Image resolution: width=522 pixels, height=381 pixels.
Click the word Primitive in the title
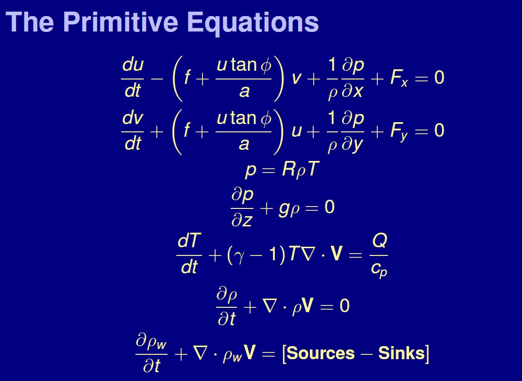pyautogui.click(x=120, y=22)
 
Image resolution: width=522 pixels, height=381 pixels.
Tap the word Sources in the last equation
pyautogui.click(x=320, y=353)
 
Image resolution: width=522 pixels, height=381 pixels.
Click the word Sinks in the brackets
pyautogui.click(x=401, y=353)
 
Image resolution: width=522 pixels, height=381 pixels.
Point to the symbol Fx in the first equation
pyautogui.click(x=399, y=79)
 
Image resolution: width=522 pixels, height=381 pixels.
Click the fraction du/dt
pyautogui.click(x=133, y=78)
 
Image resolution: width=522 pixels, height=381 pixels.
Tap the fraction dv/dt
pyautogui.click(x=133, y=131)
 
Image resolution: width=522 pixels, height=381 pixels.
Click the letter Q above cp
pyautogui.click(x=379, y=241)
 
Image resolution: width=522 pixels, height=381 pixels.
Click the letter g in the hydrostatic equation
pyautogui.click(x=284, y=209)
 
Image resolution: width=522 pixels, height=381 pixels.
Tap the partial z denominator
pyautogui.click(x=242, y=220)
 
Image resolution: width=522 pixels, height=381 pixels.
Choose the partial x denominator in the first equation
pyautogui.click(x=353, y=91)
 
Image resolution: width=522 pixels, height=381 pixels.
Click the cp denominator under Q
pyautogui.click(x=379, y=269)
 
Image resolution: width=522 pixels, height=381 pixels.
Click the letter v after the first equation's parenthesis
pyautogui.click(x=296, y=79)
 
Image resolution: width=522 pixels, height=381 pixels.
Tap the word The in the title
pyautogui.click(x=30, y=22)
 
